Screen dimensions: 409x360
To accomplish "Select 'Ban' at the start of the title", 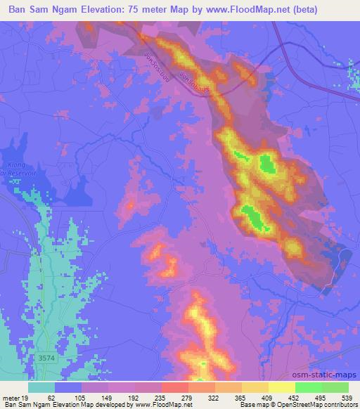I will click(18, 9).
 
